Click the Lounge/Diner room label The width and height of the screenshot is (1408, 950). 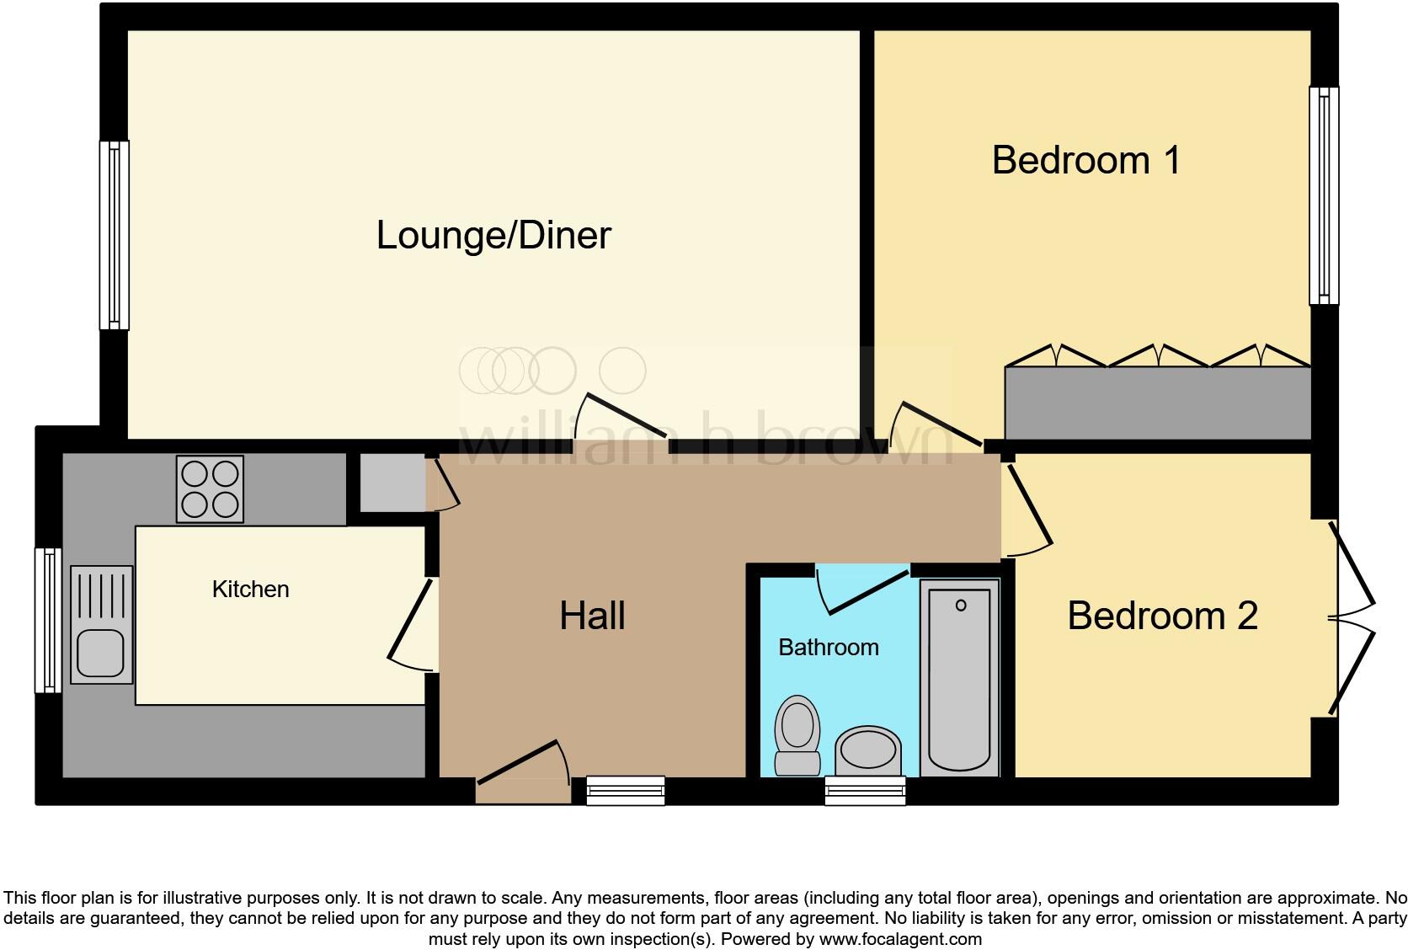[x=493, y=235]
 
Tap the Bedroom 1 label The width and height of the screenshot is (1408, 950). [x=1085, y=160]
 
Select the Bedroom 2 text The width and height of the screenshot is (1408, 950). [x=1162, y=616]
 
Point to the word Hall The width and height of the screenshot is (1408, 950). [x=592, y=616]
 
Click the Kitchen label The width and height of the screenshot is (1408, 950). [x=250, y=589]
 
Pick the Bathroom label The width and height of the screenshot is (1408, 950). [x=828, y=647]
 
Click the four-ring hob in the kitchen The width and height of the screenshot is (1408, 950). [x=210, y=488]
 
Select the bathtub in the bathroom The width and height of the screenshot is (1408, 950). [x=959, y=678]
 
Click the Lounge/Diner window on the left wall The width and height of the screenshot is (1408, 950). [x=114, y=235]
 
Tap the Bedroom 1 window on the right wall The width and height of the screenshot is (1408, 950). [x=1324, y=195]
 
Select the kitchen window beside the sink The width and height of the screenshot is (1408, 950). [x=48, y=620]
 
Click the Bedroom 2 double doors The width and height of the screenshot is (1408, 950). [x=1351, y=619]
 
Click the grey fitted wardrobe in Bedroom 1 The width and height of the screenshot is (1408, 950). [x=1157, y=403]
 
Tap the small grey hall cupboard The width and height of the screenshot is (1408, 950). [x=392, y=483]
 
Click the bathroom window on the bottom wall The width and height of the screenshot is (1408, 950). [x=865, y=791]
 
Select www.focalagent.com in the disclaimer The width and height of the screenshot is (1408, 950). [x=901, y=938]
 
